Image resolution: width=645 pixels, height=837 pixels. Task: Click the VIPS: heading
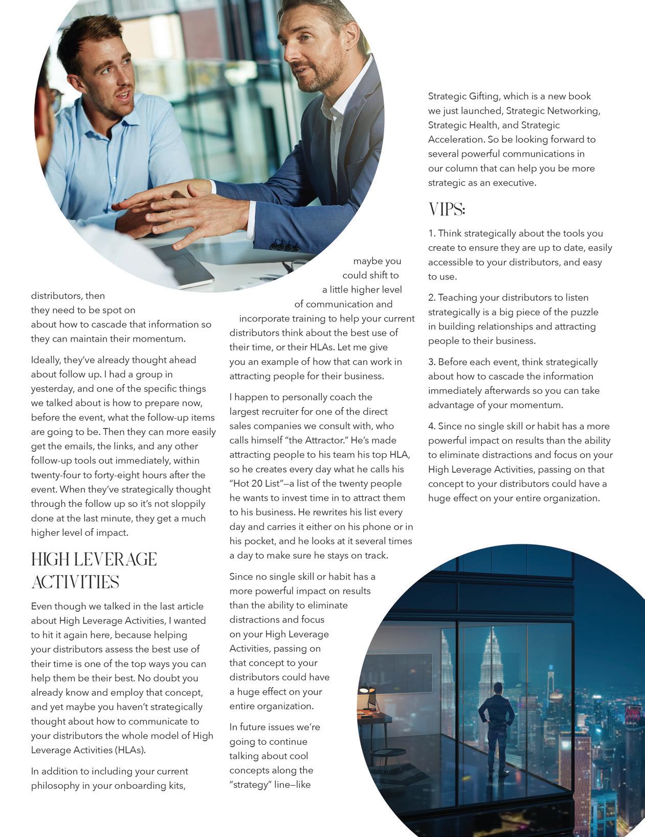point(447,209)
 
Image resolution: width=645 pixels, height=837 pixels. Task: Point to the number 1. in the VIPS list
point(432,233)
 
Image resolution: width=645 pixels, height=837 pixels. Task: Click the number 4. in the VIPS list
point(432,426)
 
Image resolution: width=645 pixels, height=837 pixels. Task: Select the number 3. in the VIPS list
point(432,362)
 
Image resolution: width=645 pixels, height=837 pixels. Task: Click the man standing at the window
point(496,726)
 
